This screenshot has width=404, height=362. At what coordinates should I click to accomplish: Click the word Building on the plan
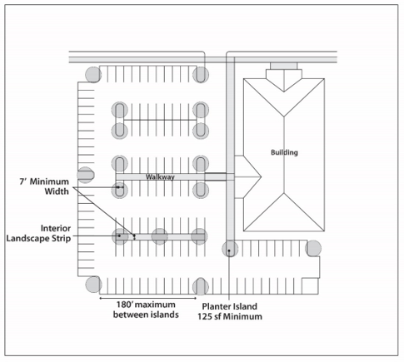[x=284, y=152]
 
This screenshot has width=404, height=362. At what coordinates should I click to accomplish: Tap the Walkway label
[x=160, y=177]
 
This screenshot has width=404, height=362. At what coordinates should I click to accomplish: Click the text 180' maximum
[x=146, y=305]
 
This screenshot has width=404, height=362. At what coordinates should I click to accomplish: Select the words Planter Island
[x=229, y=306]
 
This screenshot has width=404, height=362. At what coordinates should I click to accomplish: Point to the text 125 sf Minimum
[x=230, y=316]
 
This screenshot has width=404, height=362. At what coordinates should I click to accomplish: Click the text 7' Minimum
[x=44, y=181]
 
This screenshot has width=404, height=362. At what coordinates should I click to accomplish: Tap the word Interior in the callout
[x=56, y=228]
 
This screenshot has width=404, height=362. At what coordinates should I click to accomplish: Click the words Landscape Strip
[x=38, y=238]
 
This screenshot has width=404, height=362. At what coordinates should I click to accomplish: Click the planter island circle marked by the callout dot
[x=230, y=249]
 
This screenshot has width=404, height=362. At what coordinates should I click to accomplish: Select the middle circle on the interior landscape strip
[x=160, y=236]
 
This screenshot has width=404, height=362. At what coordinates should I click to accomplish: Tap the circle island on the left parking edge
[x=85, y=175]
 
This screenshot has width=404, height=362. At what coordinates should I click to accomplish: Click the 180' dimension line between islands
[x=147, y=299]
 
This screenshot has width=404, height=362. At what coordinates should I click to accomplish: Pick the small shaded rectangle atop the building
[x=283, y=66]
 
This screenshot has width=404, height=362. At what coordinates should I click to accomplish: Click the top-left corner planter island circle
[x=93, y=75]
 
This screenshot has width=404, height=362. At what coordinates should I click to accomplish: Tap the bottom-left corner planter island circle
[x=93, y=285]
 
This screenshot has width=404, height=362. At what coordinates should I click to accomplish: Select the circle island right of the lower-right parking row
[x=313, y=248]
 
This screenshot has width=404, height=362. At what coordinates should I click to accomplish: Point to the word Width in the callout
[x=57, y=191]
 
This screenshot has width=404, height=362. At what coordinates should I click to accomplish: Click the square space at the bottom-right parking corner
[x=310, y=285]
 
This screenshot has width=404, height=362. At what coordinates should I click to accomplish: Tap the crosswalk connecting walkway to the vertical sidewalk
[x=216, y=176]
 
